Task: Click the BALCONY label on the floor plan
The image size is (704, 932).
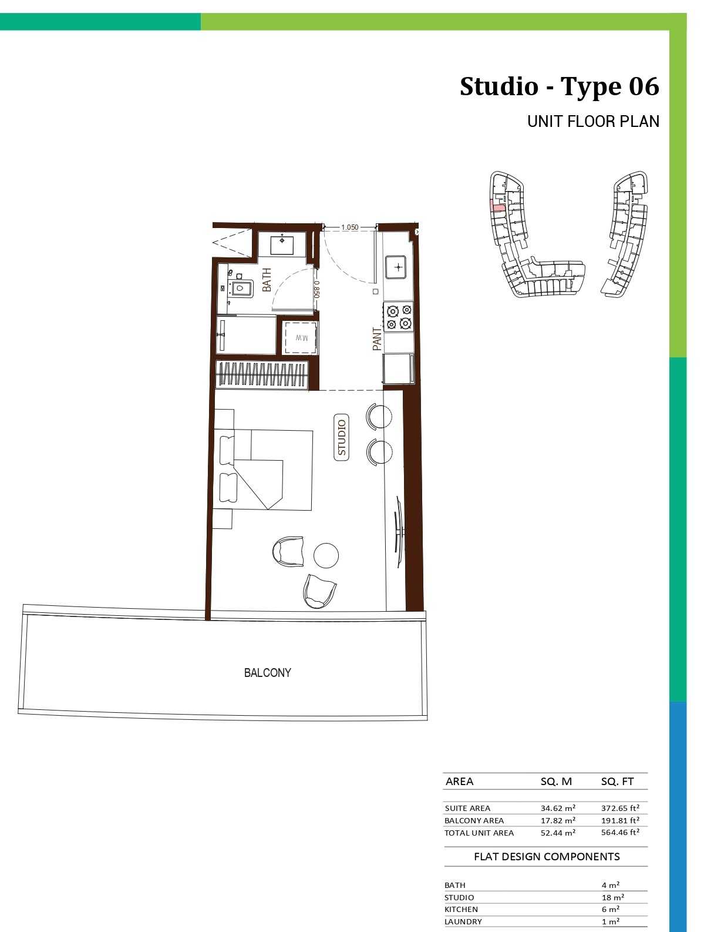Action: tap(267, 673)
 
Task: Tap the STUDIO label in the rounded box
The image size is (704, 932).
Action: tap(341, 437)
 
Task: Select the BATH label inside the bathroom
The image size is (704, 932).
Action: tap(267, 280)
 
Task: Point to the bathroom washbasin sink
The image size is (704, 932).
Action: tap(282, 243)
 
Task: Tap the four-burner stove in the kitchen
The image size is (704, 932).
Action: tap(398, 317)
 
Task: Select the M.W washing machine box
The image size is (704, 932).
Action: tap(301, 337)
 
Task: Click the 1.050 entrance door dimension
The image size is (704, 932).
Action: tap(349, 227)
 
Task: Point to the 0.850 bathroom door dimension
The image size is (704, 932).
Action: tap(316, 289)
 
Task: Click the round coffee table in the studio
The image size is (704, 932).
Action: tap(326, 555)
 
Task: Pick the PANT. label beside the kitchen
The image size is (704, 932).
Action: tap(376, 339)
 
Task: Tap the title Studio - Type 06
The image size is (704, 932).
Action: tap(560, 86)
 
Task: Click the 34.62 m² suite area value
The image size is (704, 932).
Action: tap(558, 808)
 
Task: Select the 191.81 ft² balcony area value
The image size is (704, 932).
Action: tap(620, 820)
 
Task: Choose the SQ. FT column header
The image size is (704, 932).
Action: tap(617, 782)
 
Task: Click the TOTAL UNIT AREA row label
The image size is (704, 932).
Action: tap(479, 833)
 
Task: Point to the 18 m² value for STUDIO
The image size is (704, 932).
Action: tap(612, 897)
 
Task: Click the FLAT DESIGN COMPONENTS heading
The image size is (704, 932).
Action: tap(547, 856)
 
